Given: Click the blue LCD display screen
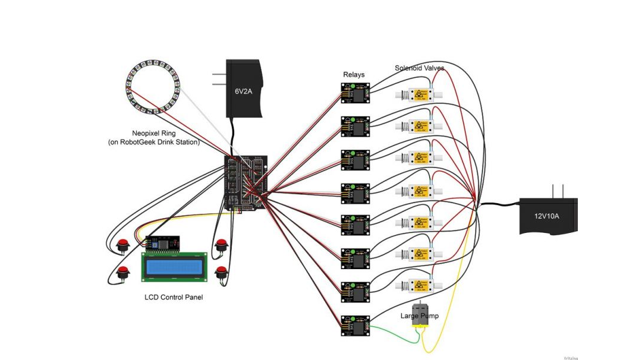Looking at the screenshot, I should [x=174, y=267].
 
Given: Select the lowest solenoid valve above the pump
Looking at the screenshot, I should [x=419, y=285].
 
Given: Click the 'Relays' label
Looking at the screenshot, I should [x=354, y=75].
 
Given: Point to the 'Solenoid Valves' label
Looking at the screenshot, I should [x=419, y=68].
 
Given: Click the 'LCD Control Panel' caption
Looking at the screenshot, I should [x=174, y=297].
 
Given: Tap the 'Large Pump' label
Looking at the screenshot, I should [x=419, y=316].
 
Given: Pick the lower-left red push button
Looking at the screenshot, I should [x=123, y=272].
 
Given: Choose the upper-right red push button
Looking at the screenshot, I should [x=221, y=244].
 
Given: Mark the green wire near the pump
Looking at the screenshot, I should [x=395, y=339].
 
